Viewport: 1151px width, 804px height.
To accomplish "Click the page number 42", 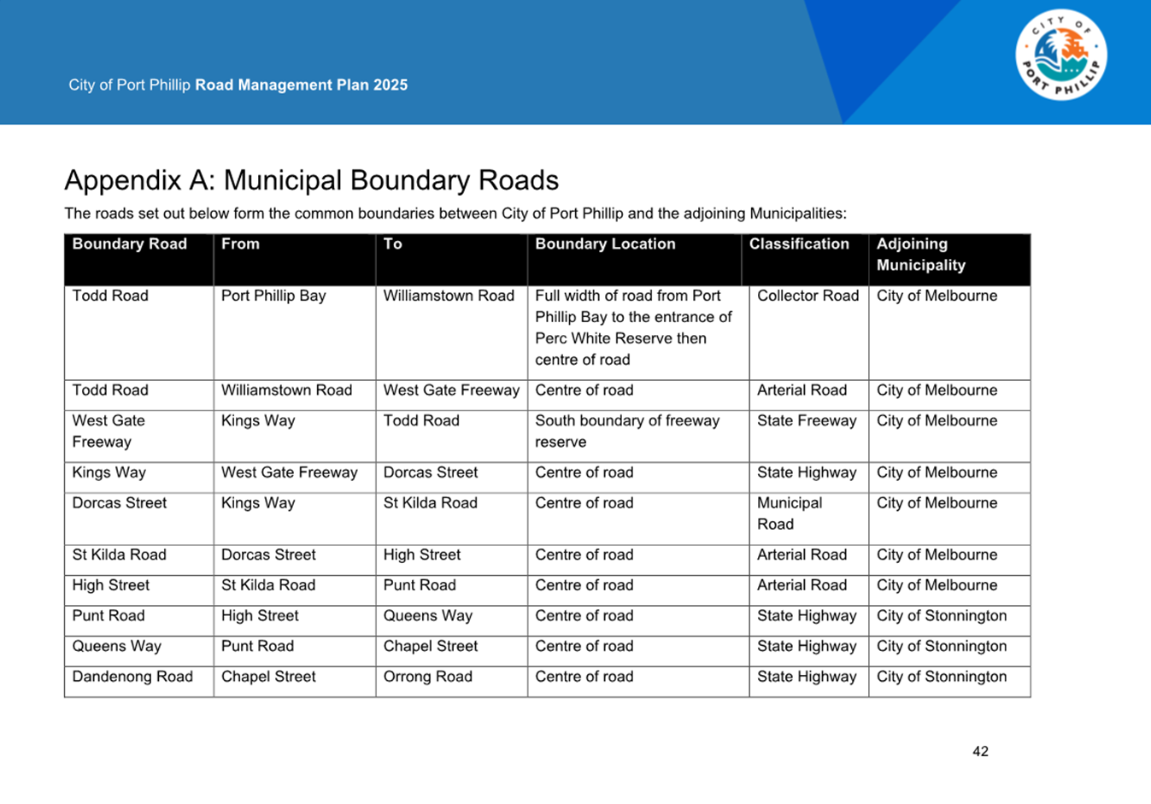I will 980,752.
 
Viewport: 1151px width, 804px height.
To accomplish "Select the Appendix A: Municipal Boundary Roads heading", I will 311,180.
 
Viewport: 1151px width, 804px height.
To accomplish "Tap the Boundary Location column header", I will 605,244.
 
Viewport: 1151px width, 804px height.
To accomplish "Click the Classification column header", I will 799,244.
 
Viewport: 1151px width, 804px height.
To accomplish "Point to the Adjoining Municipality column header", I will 920,255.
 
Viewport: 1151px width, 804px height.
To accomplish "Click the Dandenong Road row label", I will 132,677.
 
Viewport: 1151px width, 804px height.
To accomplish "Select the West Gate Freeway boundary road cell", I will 109,431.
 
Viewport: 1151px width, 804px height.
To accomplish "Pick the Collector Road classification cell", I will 807,296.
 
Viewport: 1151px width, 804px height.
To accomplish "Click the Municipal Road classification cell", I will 789,514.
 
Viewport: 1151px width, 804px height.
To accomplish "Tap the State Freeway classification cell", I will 807,420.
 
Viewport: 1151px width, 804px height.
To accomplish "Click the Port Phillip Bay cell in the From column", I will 273,296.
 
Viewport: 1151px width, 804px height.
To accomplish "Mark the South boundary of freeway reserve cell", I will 627,431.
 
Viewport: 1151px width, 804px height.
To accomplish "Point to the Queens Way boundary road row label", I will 116,646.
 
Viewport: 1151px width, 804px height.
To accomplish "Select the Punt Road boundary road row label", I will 109,616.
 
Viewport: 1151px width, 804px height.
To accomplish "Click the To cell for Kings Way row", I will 430,472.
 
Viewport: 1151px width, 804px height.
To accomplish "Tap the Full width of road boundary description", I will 633,327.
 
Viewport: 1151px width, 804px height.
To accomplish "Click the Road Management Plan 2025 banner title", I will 301,85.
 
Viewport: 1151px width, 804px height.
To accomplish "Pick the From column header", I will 240,244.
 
